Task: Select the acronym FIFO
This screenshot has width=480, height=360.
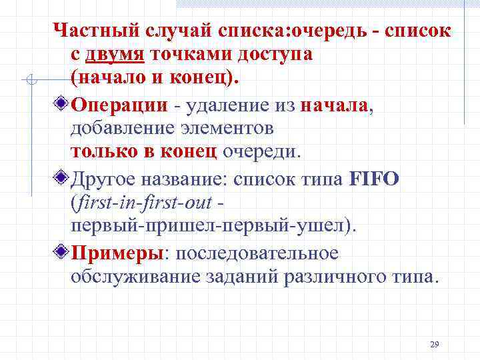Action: pos(373,179)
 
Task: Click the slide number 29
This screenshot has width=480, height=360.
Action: pos(434,344)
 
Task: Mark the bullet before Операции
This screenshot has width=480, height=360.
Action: pos(61,105)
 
